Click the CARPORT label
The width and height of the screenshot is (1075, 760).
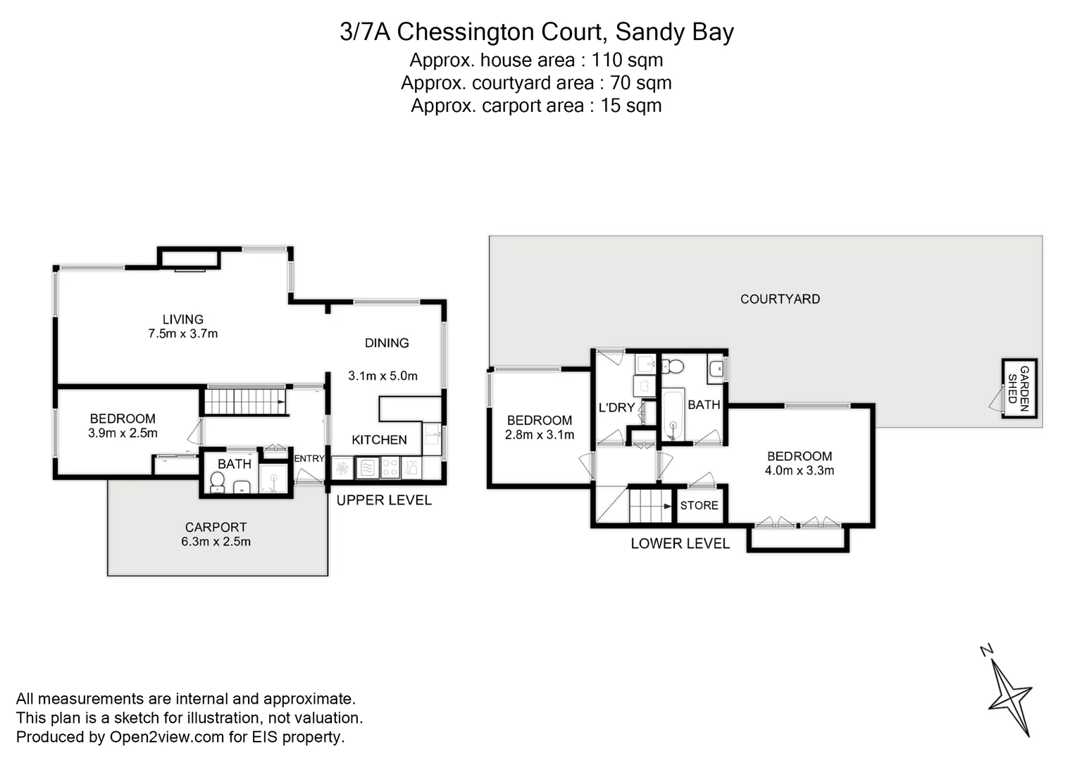click(x=216, y=527)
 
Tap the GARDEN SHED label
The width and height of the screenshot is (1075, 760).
click(x=1019, y=388)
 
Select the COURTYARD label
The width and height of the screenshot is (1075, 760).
click(x=780, y=299)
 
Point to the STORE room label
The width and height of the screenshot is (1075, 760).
click(x=699, y=505)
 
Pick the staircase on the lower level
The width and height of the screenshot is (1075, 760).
click(x=650, y=505)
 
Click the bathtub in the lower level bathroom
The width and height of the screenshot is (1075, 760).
click(x=673, y=415)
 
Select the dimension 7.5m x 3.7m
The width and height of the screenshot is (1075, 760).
click(x=182, y=334)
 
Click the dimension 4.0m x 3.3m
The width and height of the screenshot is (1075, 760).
click(x=799, y=471)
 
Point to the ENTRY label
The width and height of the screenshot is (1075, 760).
click(x=309, y=459)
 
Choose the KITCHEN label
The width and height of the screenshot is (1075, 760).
click(x=379, y=440)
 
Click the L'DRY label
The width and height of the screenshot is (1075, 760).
click(x=616, y=407)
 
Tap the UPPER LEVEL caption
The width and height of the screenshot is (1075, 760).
click(x=384, y=500)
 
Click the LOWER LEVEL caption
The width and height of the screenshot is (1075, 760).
click(x=680, y=543)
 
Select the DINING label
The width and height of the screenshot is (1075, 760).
click(x=387, y=343)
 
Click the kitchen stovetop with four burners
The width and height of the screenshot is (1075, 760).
click(x=390, y=467)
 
